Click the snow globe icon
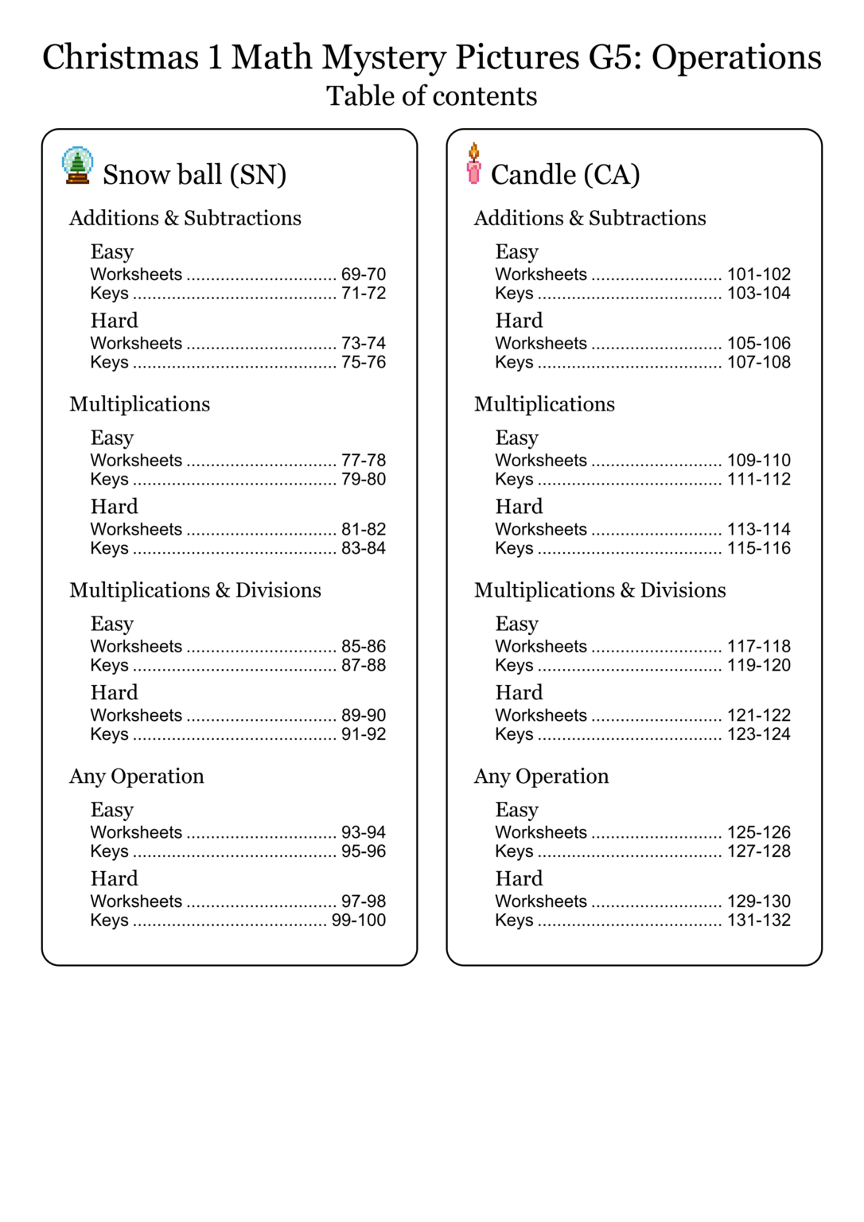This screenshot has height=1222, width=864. click(x=77, y=165)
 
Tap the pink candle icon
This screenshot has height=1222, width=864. click(x=474, y=164)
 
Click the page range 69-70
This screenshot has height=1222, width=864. click(x=364, y=274)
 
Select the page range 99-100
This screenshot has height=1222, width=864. click(x=359, y=920)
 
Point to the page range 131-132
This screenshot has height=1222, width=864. click(x=759, y=920)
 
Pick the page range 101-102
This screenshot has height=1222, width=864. click(x=759, y=274)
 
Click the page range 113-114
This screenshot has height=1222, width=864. click(x=759, y=530)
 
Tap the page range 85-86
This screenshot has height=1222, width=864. click(x=364, y=647)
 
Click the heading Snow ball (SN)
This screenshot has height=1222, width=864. click(x=195, y=175)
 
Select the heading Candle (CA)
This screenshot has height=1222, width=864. click(x=566, y=175)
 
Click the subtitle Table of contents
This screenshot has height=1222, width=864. click(x=432, y=96)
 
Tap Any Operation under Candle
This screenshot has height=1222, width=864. click(x=542, y=776)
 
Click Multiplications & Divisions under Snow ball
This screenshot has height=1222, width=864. click(x=196, y=590)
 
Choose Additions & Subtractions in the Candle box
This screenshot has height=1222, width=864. click(x=590, y=219)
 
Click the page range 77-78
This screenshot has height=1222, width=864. click(x=364, y=461)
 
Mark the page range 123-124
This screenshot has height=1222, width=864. click(x=759, y=734)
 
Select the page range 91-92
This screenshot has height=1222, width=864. click(x=364, y=734)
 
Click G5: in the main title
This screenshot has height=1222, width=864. click(x=616, y=57)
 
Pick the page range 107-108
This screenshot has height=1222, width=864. click(x=759, y=363)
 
